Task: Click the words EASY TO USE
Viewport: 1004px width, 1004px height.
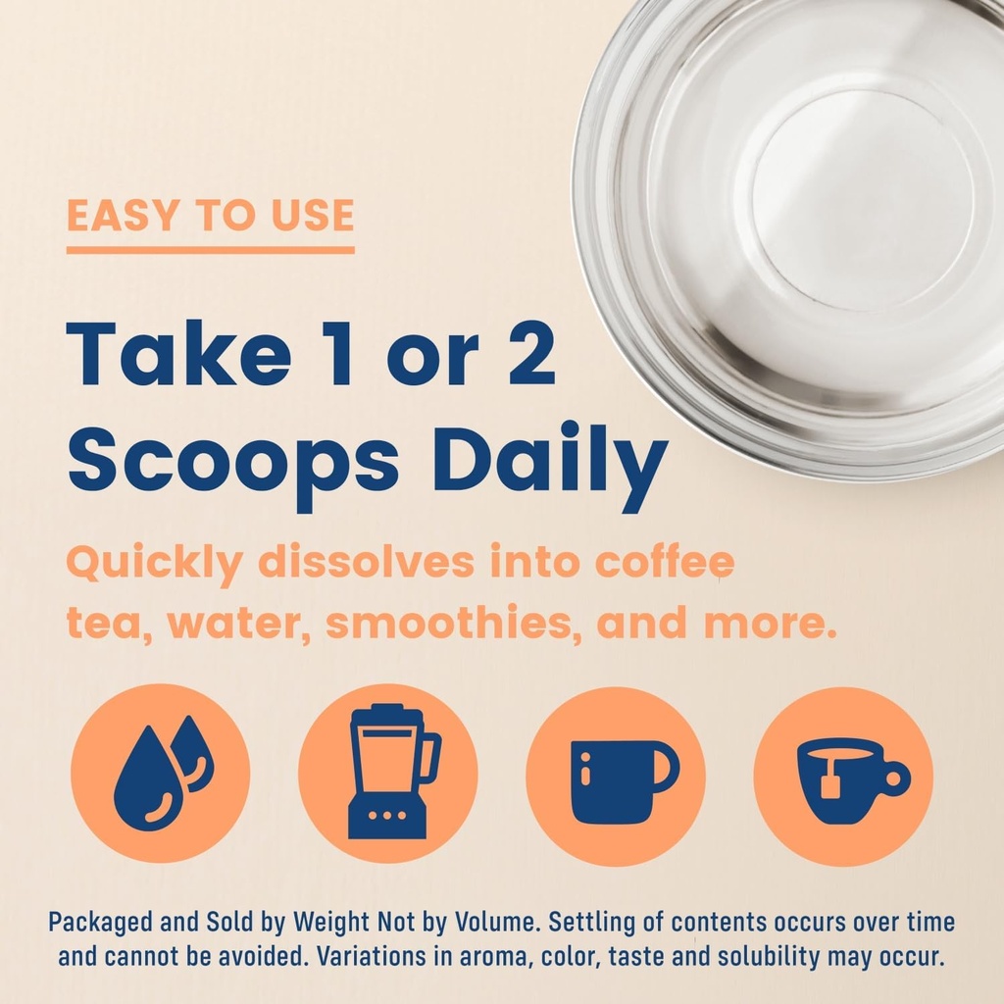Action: click(210, 217)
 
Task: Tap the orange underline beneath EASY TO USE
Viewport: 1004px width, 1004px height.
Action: click(210, 250)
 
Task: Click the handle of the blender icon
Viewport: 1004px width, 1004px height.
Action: click(430, 759)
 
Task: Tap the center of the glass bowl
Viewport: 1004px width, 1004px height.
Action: click(863, 201)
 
